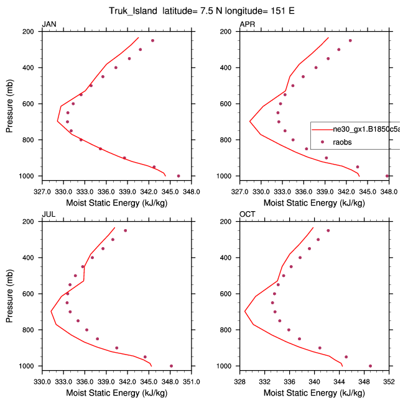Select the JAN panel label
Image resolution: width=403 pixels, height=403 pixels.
coord(49,24)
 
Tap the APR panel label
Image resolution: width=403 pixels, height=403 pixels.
coord(247,24)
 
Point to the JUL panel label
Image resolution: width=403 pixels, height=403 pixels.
coord(48,214)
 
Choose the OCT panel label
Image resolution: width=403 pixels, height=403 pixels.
coord(248,214)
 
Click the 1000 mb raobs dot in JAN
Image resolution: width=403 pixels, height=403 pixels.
coord(178,176)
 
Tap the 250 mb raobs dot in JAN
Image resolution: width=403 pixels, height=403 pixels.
coord(152,40)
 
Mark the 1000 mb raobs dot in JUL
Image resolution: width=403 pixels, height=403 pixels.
coord(171,366)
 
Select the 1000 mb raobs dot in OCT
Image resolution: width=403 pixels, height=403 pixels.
coord(370,366)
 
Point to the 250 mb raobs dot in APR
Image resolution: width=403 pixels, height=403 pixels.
coord(350,40)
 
